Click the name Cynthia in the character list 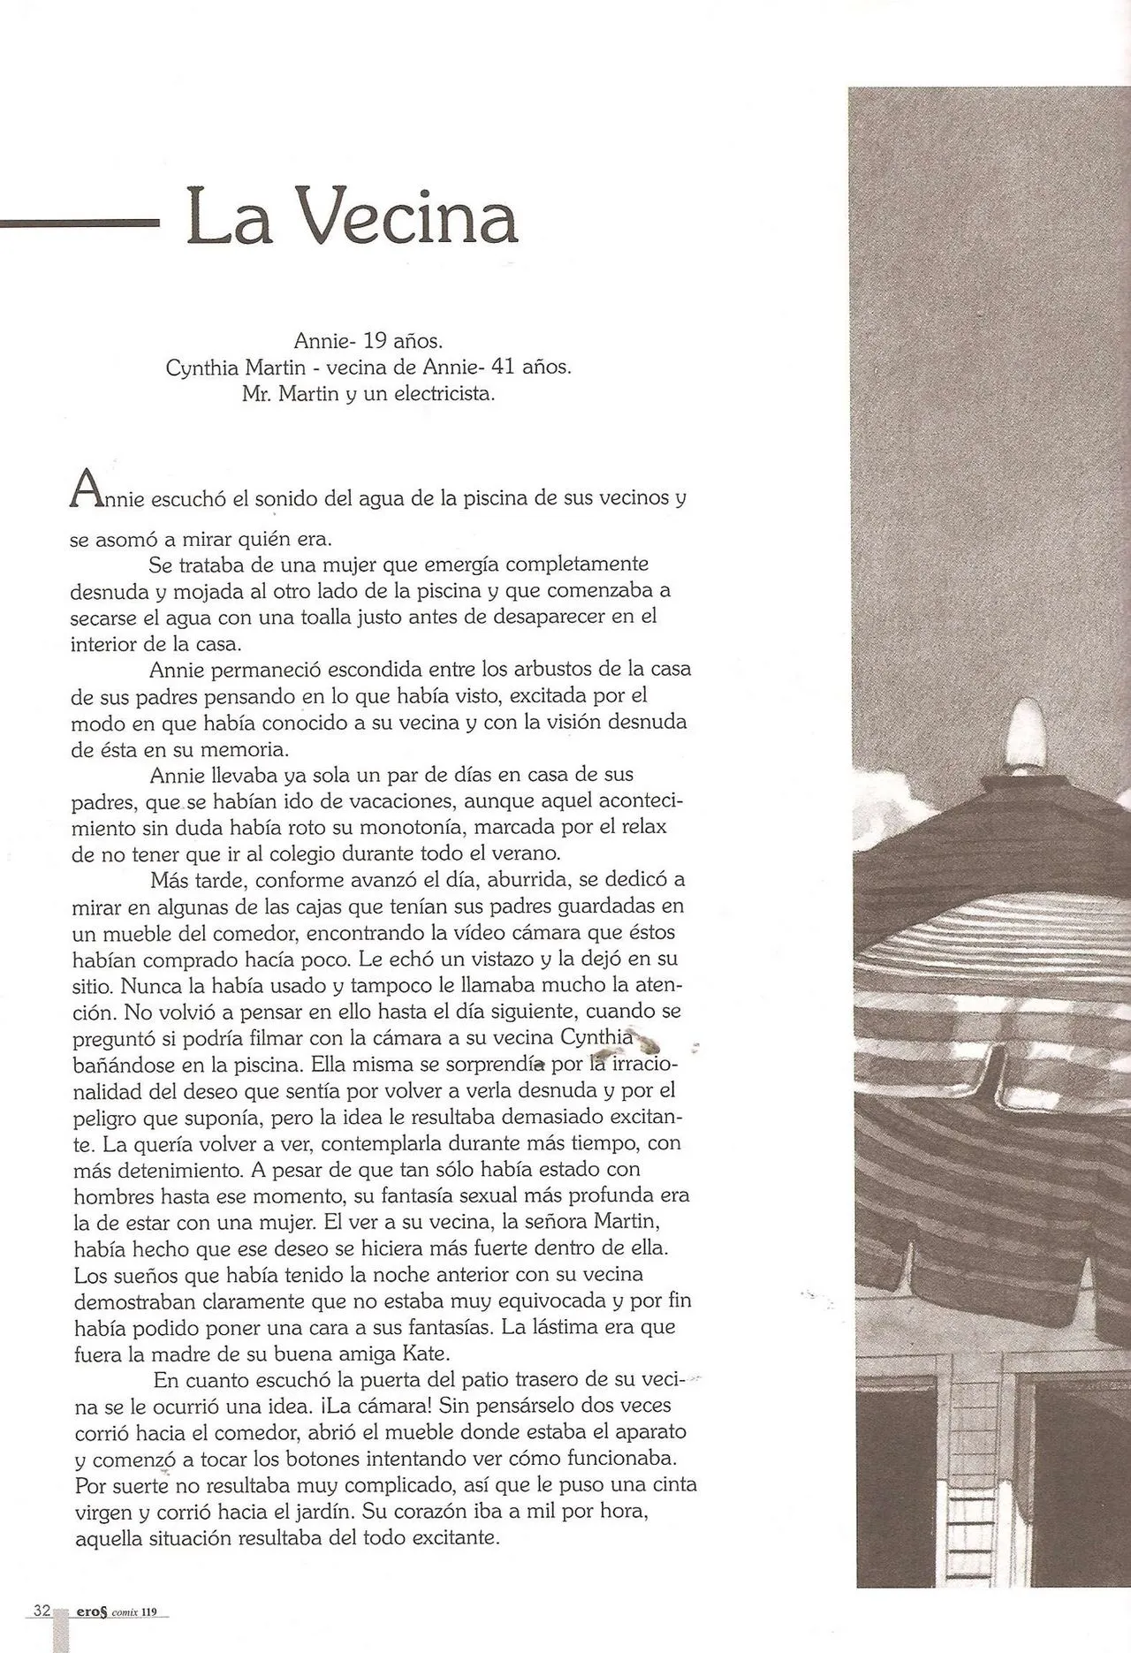tap(199, 368)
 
